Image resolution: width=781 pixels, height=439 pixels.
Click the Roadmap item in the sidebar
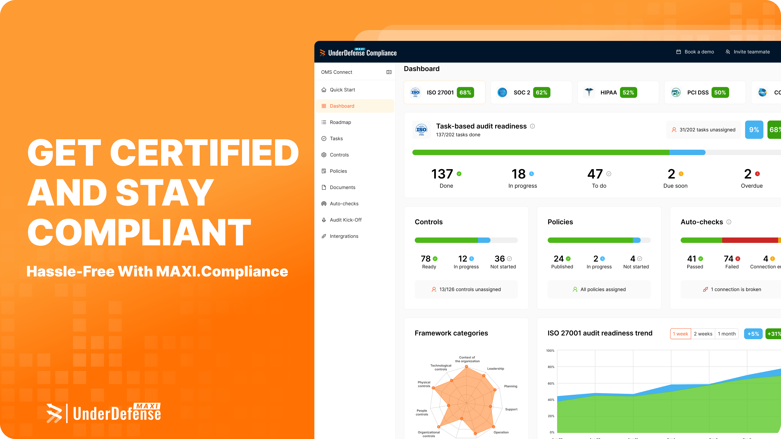340,122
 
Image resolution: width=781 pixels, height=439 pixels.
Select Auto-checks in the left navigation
344,204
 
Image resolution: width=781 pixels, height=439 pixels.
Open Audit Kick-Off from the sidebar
345,220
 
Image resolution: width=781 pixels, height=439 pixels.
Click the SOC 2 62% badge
541,92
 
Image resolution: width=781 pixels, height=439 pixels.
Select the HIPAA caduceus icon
589,92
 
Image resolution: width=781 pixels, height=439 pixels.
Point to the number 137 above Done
442,174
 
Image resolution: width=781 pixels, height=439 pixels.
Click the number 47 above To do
595,174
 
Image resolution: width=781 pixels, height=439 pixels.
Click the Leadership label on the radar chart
495,369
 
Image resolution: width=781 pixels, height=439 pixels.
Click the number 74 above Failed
728,259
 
